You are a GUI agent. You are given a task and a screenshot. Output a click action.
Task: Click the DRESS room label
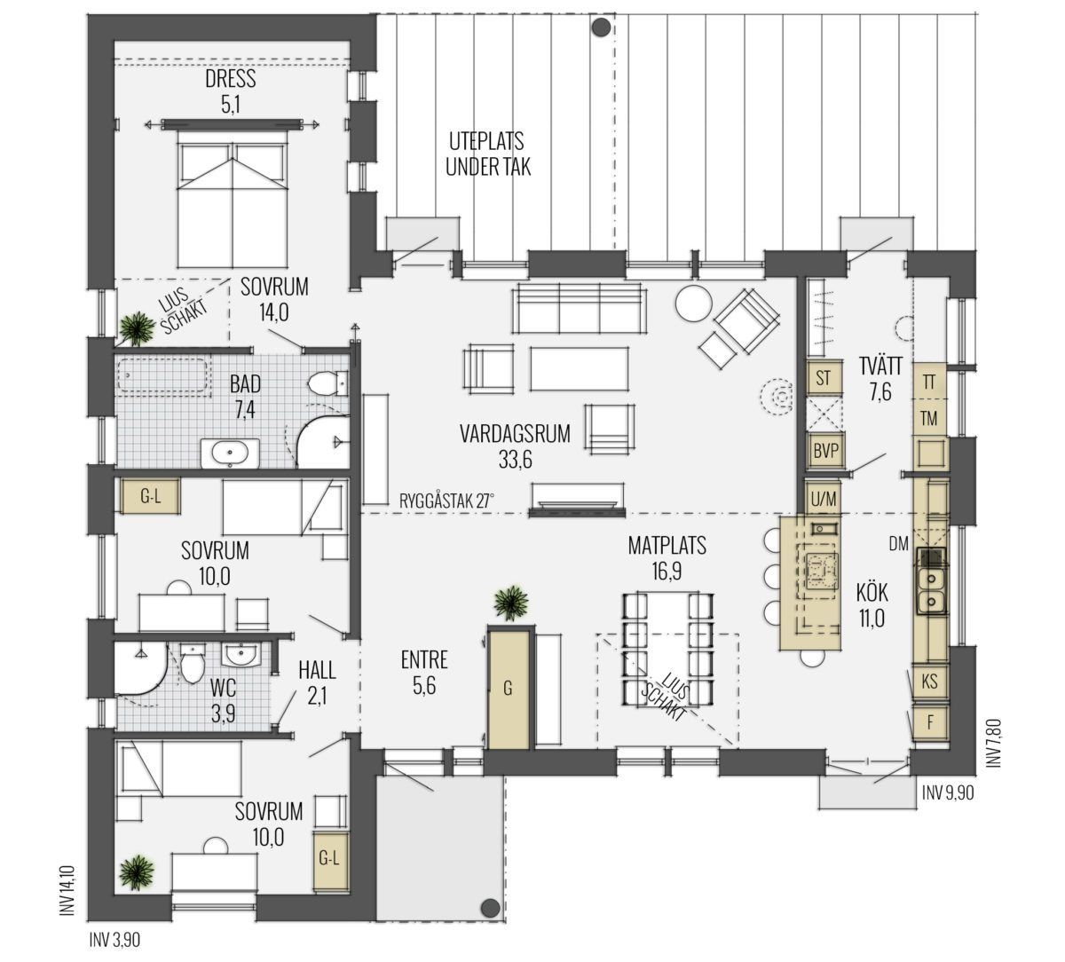231,79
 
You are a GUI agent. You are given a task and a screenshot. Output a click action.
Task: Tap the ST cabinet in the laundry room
824,378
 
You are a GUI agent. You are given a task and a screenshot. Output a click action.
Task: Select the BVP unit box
825,451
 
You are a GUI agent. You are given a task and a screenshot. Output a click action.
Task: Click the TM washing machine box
929,419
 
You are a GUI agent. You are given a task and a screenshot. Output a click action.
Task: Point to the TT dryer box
929,382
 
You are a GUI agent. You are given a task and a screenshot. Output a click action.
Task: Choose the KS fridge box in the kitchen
929,682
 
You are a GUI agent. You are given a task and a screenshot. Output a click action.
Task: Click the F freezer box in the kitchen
929,722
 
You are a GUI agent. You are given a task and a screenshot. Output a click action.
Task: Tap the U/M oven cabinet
824,499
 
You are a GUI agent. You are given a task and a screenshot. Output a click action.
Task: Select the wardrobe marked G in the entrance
509,690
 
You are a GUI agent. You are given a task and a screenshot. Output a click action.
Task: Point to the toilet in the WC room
193,664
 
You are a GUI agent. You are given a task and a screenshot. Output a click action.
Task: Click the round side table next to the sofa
693,304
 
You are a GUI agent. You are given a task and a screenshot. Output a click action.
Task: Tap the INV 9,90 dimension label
948,793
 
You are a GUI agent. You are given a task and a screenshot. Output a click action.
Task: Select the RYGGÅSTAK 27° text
446,501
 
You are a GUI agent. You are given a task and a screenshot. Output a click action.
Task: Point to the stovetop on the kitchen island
823,571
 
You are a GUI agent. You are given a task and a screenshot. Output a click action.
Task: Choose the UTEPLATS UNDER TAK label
488,154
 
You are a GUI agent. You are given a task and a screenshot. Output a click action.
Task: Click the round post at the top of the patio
601,28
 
